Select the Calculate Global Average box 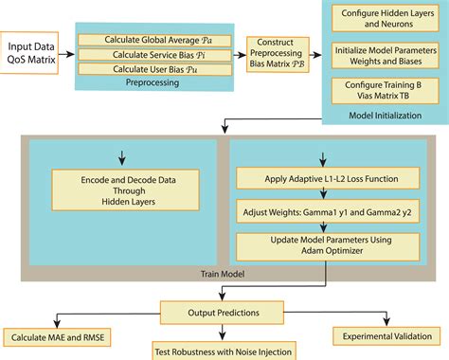pos(154,40)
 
